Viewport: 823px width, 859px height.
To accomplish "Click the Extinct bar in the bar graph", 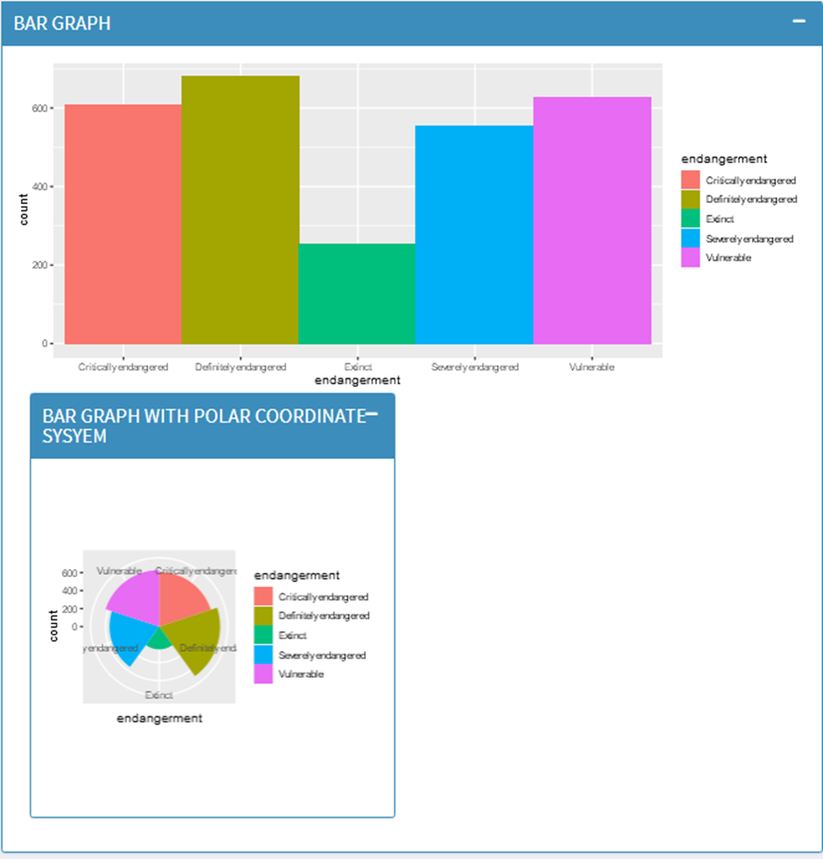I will tap(356, 293).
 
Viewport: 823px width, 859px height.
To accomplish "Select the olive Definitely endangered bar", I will tap(240, 210).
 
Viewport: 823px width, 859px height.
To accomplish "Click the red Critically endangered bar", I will tap(123, 224).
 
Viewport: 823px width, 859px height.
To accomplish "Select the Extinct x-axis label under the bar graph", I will tap(357, 368).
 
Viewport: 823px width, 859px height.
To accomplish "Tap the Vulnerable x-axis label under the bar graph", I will tap(592, 368).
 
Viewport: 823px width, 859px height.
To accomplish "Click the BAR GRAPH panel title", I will tap(62, 24).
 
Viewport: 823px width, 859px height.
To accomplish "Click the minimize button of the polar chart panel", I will tap(371, 414).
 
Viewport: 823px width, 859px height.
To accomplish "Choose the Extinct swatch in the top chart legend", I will tap(691, 219).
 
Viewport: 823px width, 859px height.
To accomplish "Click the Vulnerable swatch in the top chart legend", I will tap(691, 258).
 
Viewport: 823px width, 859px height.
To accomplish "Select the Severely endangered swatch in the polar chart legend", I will tap(264, 655).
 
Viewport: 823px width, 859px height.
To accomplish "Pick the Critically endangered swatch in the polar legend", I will tap(264, 596).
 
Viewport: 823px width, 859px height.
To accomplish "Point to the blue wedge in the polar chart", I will tap(129, 636).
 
